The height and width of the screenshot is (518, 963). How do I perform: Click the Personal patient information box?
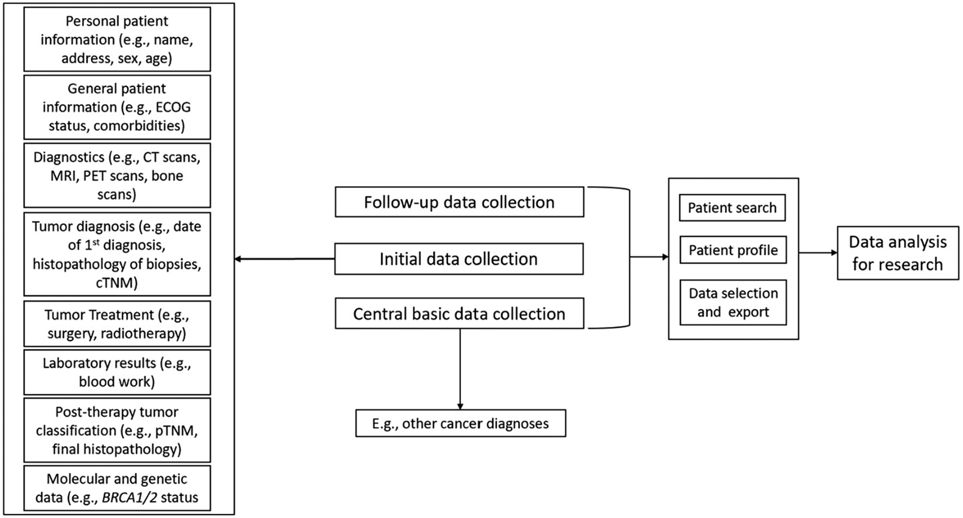[117, 39]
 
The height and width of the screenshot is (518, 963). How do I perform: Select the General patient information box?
[117, 107]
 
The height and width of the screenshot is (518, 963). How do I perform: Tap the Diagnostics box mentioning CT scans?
[117, 175]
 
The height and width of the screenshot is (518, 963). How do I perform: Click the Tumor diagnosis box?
[117, 254]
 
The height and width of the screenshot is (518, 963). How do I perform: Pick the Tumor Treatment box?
[117, 324]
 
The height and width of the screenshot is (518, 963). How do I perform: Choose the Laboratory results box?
[117, 372]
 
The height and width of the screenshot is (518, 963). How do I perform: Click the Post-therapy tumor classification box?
[117, 430]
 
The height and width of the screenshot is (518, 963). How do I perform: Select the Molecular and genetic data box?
[117, 488]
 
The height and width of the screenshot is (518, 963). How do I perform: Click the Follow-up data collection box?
[459, 202]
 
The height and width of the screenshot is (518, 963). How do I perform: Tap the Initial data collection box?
[459, 259]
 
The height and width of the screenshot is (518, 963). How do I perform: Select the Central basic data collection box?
[459, 313]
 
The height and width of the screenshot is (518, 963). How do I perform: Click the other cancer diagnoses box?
[460, 423]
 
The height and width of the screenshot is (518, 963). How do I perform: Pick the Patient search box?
[732, 208]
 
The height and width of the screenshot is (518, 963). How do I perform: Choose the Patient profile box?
[733, 250]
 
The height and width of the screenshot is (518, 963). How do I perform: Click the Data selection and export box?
[733, 303]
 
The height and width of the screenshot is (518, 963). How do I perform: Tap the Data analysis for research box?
[898, 253]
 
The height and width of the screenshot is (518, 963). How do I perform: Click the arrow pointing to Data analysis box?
[818, 253]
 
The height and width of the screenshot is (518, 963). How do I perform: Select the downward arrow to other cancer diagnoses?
[460, 369]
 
